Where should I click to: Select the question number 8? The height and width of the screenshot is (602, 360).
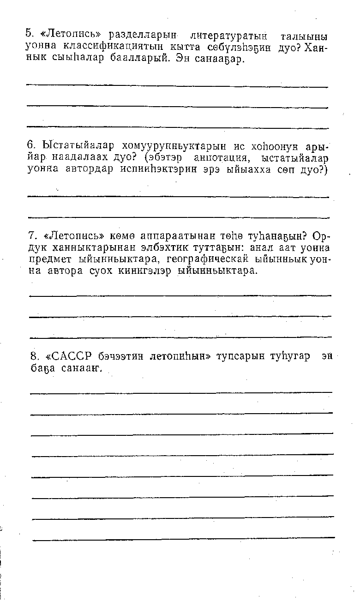click(x=33, y=356)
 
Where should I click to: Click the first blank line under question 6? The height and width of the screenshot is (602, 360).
click(x=178, y=197)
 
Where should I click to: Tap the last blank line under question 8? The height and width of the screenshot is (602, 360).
click(x=184, y=538)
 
